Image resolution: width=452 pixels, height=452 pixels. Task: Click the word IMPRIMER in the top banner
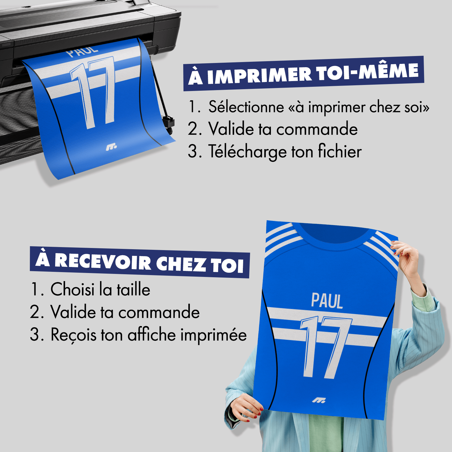(259, 75)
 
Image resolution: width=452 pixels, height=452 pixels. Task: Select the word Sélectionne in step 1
(246, 107)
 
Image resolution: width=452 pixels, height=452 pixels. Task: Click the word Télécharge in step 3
(247, 152)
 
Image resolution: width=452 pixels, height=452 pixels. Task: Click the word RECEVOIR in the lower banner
(102, 261)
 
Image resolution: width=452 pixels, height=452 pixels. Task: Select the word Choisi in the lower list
(72, 289)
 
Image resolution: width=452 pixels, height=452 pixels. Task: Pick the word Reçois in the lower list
(74, 335)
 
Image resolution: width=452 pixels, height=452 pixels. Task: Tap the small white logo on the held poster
(319, 400)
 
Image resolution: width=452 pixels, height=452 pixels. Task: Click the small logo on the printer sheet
(111, 147)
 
